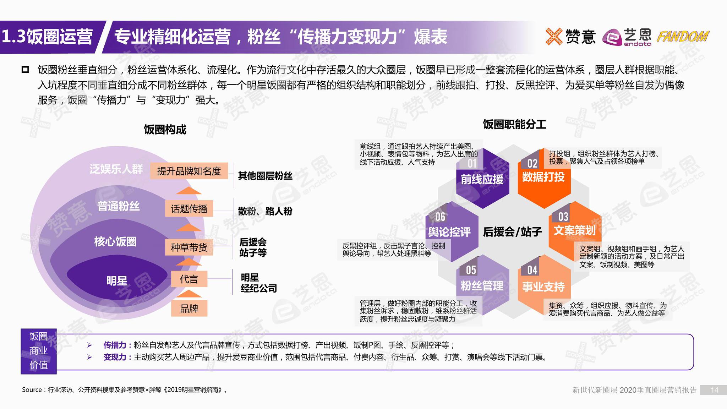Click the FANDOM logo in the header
pos(682,37)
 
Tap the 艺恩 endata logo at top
pos(627,37)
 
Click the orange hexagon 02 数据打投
pos(543,178)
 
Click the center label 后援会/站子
pos(512,232)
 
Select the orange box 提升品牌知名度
pos(189,171)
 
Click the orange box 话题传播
pos(189,209)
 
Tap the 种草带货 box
pos(189,247)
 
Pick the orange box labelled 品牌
pos(189,309)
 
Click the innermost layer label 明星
pos(117,281)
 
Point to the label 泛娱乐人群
pos(116,169)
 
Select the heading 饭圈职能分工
pos(514,124)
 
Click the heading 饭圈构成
pos(165,130)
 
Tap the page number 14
pos(714,390)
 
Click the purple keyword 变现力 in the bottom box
pos(115,357)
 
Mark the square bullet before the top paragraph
pos(25,70)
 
